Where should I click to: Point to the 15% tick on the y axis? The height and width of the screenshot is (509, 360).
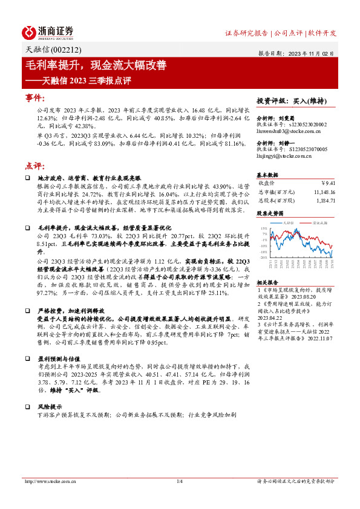[x=264, y=229]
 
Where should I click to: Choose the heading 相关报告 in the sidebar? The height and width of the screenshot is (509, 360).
[x=267, y=265]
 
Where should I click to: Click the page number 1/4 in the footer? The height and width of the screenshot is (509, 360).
[x=179, y=481]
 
